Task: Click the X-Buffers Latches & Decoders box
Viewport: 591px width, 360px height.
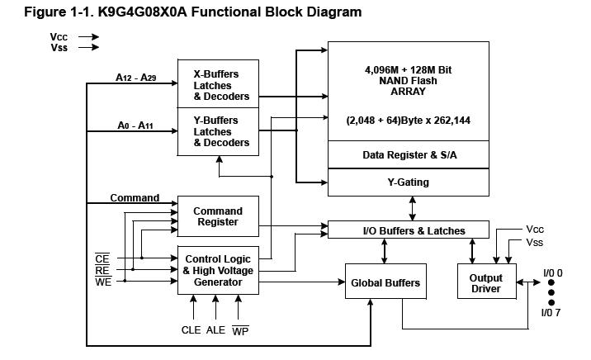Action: pyautogui.click(x=218, y=83)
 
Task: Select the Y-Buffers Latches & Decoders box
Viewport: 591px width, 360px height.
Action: pyautogui.click(x=218, y=131)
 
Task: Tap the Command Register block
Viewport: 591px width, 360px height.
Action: pyautogui.click(x=218, y=216)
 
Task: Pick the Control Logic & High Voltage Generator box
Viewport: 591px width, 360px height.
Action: pyautogui.click(x=218, y=270)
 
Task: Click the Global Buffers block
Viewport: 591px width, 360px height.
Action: pyautogui.click(x=385, y=282)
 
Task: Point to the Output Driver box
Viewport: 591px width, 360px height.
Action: pyautogui.click(x=485, y=283)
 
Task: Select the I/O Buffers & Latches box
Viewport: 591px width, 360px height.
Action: pyautogui.click(x=409, y=230)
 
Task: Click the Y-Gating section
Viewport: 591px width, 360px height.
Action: pyautogui.click(x=408, y=182)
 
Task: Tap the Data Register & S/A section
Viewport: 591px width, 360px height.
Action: pyautogui.click(x=408, y=154)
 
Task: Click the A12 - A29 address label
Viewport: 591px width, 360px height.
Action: pyautogui.click(x=137, y=78)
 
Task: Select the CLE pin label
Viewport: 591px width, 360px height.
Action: pyautogui.click(x=191, y=330)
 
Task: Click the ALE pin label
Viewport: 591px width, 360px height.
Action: pyautogui.click(x=216, y=330)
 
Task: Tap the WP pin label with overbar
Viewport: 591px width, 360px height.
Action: pyautogui.click(x=240, y=330)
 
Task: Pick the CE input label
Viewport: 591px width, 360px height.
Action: pyautogui.click(x=102, y=259)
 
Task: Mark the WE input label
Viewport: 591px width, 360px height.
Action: pyautogui.click(x=103, y=282)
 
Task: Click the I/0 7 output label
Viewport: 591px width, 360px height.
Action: pyautogui.click(x=551, y=312)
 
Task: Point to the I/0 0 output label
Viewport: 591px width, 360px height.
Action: pyautogui.click(x=552, y=272)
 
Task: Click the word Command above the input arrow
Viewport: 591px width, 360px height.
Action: pyautogui.click(x=135, y=198)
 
